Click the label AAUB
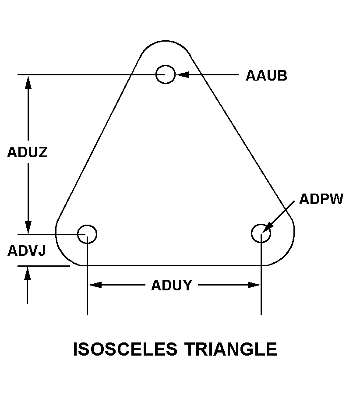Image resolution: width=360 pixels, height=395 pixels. [x=266, y=75]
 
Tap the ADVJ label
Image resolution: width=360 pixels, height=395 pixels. [x=27, y=251]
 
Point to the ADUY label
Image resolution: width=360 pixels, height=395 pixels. [x=172, y=285]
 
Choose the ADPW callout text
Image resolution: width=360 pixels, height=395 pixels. [x=321, y=199]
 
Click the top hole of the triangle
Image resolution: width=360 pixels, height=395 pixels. [x=166, y=74]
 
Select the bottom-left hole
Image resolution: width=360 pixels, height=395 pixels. [x=87, y=234]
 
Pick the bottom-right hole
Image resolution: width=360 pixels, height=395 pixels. [x=261, y=233]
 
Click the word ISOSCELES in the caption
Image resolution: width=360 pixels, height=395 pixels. [x=125, y=349]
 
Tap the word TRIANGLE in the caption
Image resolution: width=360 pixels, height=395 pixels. [x=230, y=349]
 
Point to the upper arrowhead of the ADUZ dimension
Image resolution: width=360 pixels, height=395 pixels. [x=28, y=81]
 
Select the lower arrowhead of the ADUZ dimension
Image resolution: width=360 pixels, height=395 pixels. [x=28, y=227]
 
